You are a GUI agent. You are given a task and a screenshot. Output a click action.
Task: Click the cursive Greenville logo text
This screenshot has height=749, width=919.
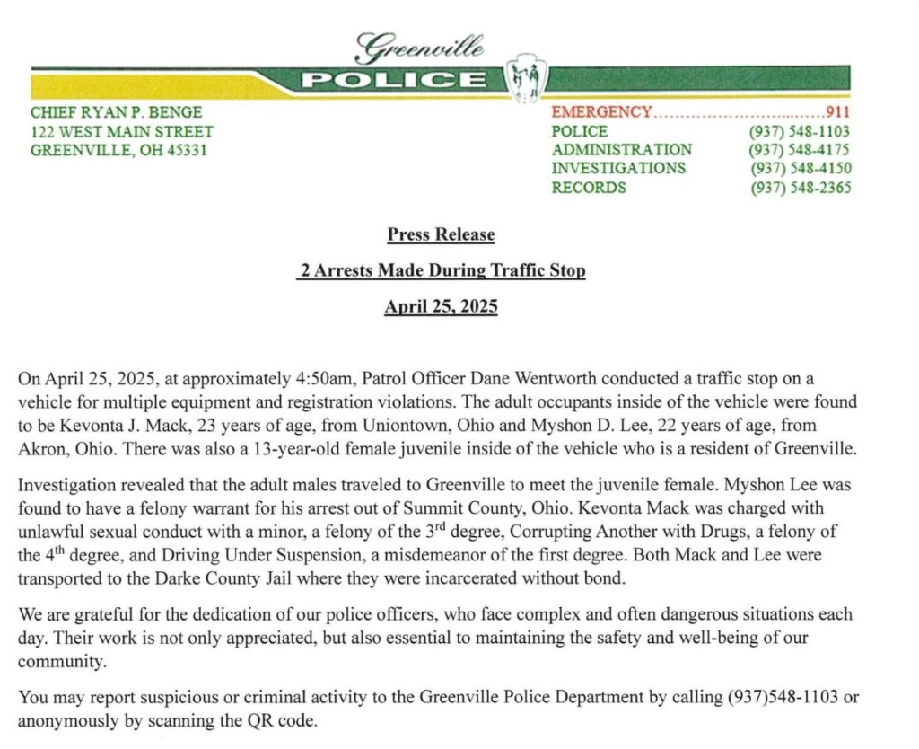[419, 47]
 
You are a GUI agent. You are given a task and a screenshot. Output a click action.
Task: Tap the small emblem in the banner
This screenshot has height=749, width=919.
[525, 82]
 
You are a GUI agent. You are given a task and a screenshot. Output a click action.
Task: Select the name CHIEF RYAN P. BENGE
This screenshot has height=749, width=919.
[116, 112]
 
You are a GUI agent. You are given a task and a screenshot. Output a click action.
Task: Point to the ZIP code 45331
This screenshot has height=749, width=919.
[189, 150]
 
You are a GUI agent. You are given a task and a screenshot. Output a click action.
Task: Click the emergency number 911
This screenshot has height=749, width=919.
[838, 112]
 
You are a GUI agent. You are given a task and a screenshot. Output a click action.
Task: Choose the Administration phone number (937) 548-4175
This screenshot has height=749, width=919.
[800, 150]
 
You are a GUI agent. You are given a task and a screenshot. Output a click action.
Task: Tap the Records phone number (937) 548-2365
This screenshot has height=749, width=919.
[800, 188]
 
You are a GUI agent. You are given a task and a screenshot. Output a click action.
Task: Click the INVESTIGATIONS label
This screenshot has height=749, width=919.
[618, 169]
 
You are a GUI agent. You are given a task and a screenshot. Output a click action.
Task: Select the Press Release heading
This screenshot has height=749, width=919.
[441, 234]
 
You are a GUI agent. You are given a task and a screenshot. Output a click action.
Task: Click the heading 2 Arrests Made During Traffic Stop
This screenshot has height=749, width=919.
[441, 270]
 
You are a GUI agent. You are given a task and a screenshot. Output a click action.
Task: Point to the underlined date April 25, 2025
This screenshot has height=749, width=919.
[441, 306]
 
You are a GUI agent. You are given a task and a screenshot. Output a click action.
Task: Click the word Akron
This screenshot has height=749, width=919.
[40, 447]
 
